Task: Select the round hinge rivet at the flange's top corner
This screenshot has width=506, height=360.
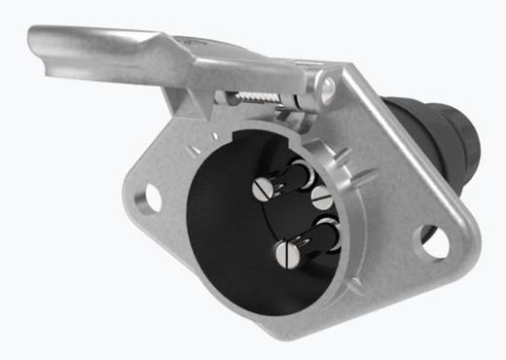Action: click(328, 89)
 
